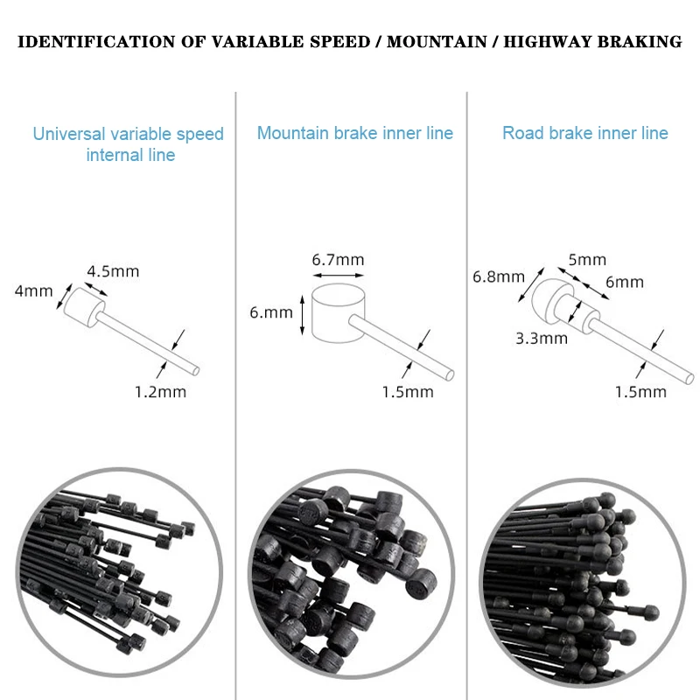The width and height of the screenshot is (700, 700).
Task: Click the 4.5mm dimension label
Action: (113, 270)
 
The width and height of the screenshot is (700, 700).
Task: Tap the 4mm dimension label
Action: (33, 290)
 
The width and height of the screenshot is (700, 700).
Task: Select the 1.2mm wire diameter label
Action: (159, 391)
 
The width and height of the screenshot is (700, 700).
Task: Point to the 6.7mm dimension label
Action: (338, 260)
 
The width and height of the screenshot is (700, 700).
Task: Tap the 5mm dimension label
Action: (587, 260)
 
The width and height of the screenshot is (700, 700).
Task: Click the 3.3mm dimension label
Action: (542, 337)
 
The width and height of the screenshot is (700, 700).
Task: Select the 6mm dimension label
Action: (624, 282)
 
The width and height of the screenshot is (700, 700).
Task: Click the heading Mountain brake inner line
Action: (355, 133)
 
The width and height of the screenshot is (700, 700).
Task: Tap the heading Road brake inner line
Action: (584, 133)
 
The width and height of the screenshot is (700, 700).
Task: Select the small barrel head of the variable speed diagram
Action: (80, 307)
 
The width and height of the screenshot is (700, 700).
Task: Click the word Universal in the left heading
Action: (69, 135)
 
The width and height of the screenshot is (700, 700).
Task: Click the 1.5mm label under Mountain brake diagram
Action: (407, 391)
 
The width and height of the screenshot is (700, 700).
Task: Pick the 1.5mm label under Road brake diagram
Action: (640, 391)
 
